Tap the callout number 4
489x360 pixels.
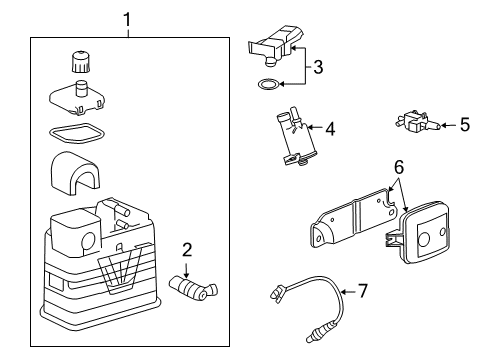[330, 128]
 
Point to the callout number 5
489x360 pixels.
[463, 126]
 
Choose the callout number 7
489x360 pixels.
[362, 291]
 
